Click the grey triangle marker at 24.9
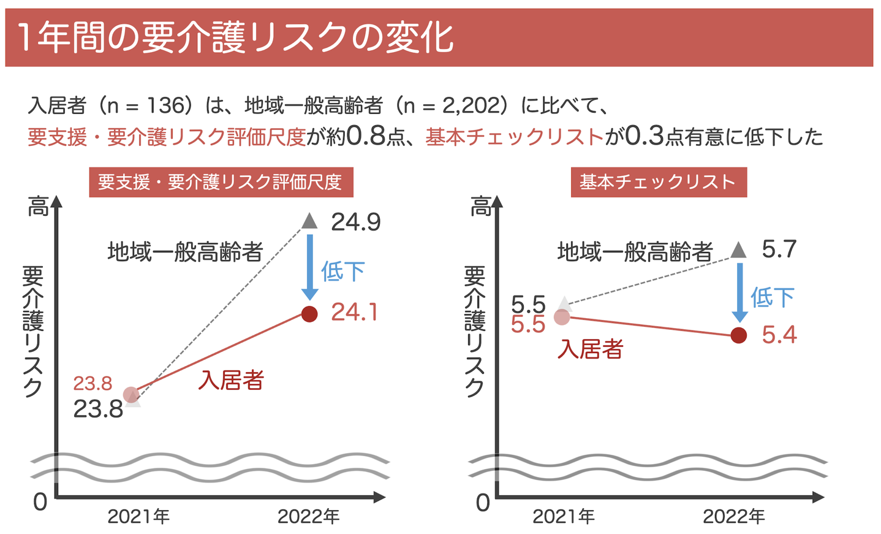coord(309,221)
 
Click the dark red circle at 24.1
coord(309,314)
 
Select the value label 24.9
coord(355,222)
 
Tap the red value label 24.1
coord(354,313)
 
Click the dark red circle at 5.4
coord(739,335)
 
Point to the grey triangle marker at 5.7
coord(739,250)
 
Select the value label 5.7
coord(779,250)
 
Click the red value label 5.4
coord(779,335)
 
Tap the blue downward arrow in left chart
coord(309,267)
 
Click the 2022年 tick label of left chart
coord(308,517)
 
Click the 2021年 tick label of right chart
coord(563,517)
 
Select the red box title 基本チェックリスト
coord(658,182)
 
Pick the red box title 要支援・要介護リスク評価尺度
coord(221,182)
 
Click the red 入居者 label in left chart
coord(231,380)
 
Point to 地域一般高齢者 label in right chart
coord(635,252)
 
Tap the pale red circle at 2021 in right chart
coord(562,317)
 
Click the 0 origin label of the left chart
coord(40,502)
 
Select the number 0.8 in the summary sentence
coord(366,136)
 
